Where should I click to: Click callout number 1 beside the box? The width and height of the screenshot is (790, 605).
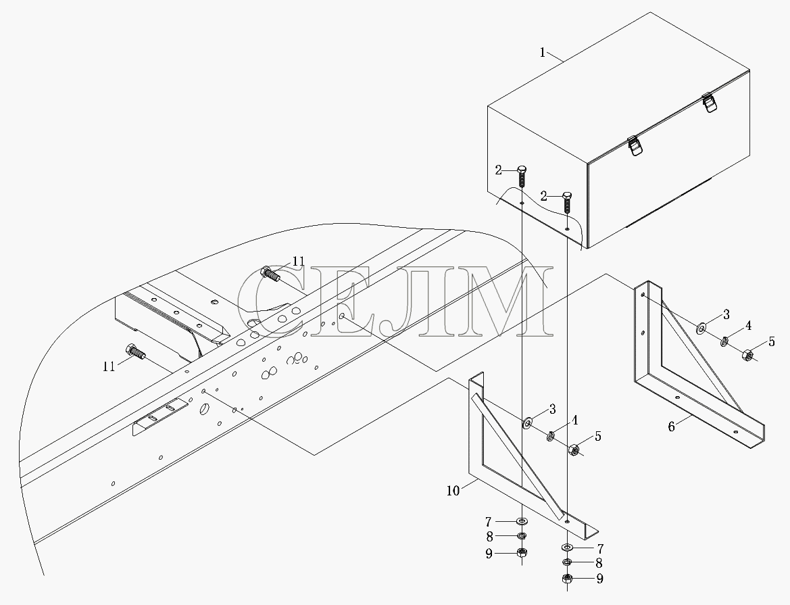(543, 52)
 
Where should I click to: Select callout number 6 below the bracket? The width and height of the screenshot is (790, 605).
(671, 427)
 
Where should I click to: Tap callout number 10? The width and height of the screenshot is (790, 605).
(453, 490)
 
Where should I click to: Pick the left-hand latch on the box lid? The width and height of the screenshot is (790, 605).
(635, 146)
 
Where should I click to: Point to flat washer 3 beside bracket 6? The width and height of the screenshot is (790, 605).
(701, 329)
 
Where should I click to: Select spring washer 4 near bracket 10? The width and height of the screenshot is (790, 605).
(551, 435)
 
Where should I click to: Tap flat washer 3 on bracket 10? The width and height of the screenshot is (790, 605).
(528, 422)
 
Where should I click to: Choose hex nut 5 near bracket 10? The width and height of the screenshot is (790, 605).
(573, 450)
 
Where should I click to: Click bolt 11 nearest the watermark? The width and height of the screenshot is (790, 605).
(270, 274)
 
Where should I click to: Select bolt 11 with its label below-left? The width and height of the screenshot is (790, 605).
(136, 352)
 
